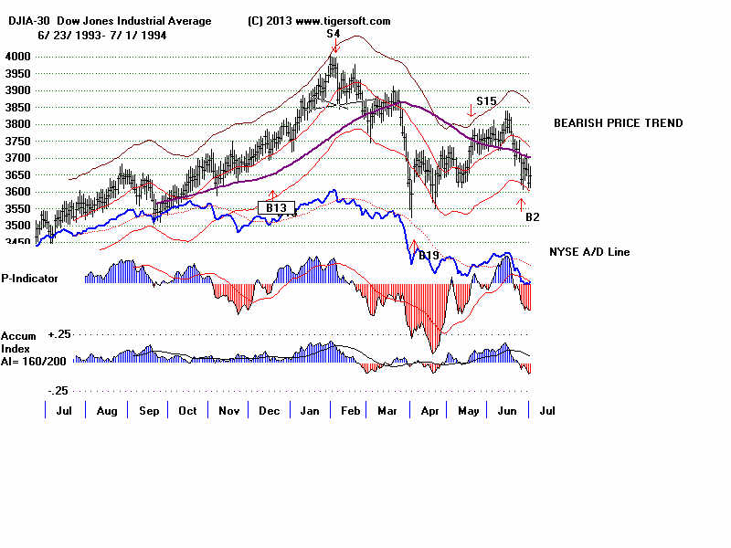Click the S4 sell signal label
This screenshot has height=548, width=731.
[x=334, y=34]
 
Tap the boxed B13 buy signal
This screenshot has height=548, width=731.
[x=276, y=208]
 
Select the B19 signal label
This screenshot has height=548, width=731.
[x=430, y=256]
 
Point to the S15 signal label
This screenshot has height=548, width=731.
[x=486, y=101]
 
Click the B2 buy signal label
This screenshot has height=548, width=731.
[x=533, y=217]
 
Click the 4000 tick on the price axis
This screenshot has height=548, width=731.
[x=17, y=57]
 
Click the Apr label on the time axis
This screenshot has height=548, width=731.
[x=429, y=411]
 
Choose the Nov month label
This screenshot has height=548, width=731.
[x=228, y=411]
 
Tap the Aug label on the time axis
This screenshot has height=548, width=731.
[x=107, y=411]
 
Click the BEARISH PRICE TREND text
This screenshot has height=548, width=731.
[x=618, y=123]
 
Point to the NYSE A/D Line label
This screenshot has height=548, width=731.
[x=589, y=252]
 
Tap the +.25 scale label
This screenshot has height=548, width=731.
[x=59, y=335]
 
